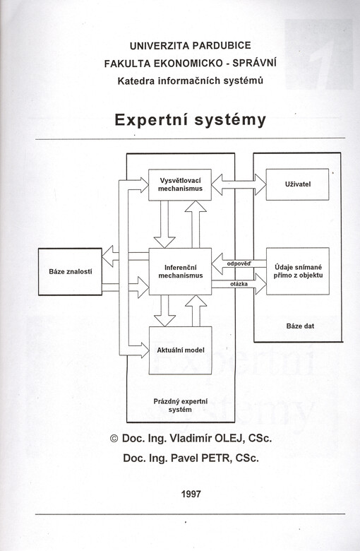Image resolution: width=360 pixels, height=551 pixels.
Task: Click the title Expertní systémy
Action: (190, 120)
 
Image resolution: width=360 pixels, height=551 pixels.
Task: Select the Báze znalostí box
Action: (71, 272)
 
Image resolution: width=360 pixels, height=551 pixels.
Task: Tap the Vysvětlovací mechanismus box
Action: (180, 185)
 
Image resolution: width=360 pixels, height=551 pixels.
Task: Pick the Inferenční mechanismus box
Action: (180, 271)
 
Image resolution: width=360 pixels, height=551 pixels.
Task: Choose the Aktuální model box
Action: (181, 350)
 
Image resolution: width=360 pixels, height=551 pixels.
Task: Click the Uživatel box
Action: (297, 184)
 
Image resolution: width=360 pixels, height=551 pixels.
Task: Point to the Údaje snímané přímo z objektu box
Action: (298, 271)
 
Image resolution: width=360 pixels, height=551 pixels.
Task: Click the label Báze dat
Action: (300, 326)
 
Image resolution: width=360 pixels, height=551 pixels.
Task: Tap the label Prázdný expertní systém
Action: (180, 405)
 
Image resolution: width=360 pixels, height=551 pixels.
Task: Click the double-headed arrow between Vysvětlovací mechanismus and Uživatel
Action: (239, 184)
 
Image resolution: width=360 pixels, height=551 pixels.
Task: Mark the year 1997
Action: (191, 494)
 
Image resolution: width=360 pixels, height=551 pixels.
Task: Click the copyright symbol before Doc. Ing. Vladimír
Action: (114, 439)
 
